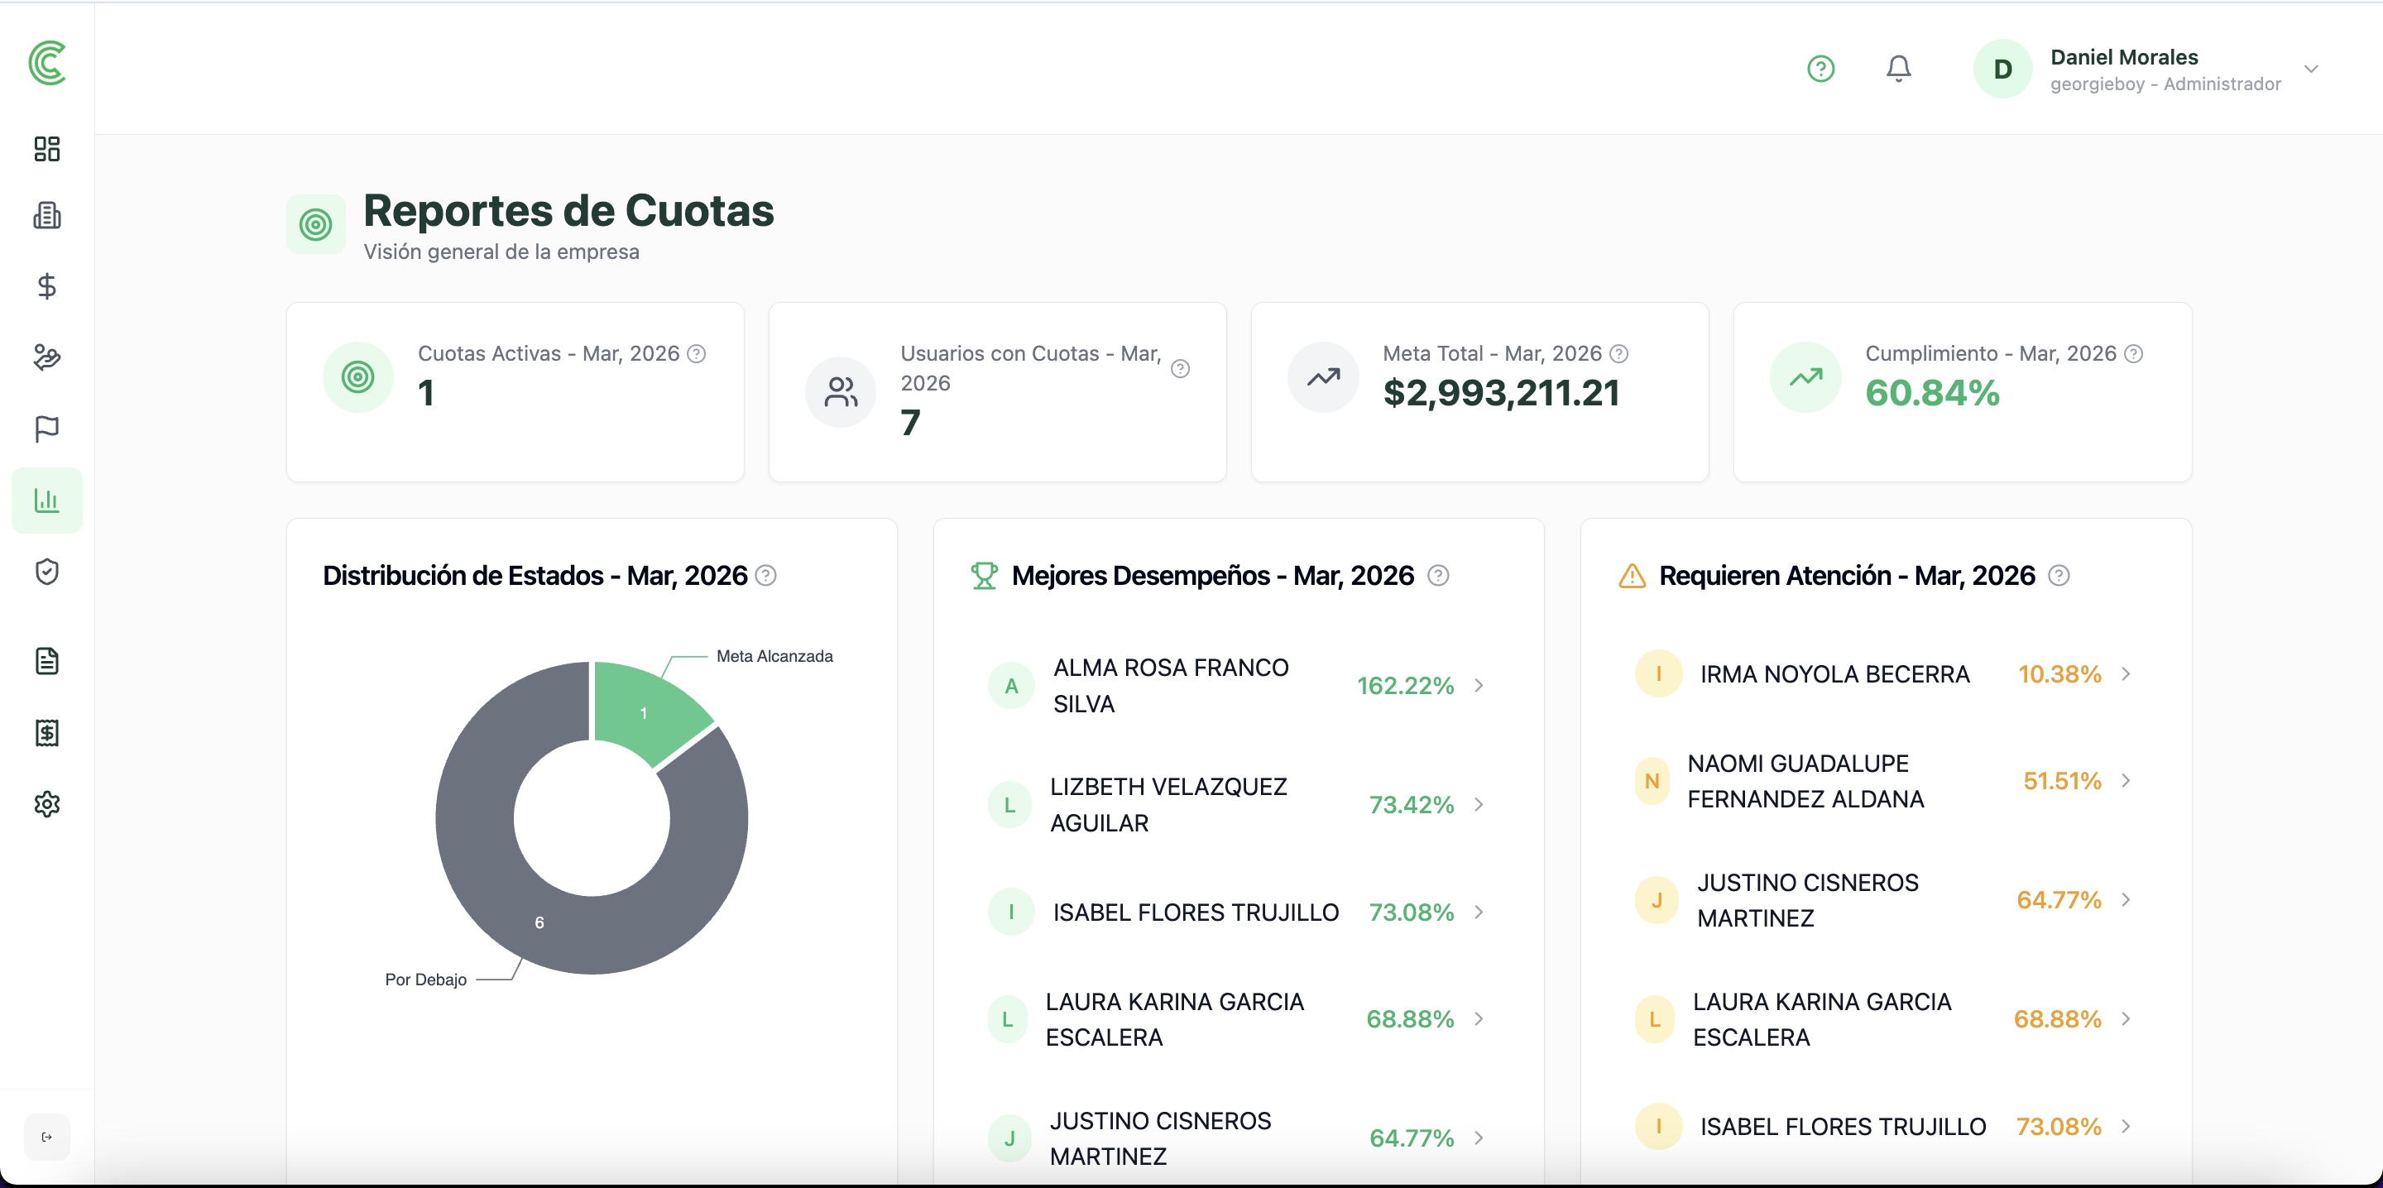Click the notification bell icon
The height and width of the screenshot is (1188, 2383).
[1898, 69]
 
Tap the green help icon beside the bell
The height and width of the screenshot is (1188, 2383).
[1820, 69]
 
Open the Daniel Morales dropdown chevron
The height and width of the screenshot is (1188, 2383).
[2311, 69]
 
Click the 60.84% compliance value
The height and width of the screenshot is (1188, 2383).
[1931, 393]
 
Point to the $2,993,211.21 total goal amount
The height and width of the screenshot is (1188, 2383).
[1500, 393]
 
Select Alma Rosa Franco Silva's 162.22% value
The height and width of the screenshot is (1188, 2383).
[1404, 686]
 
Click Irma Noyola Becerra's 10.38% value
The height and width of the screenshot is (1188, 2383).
[2059, 673]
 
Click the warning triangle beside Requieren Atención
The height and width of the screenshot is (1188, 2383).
[1632, 576]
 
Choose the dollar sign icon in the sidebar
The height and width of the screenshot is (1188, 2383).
[47, 286]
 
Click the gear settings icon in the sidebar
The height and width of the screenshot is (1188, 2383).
[47, 804]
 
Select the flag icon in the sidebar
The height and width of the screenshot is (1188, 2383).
[47, 429]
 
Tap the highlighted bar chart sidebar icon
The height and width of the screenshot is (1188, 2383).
[47, 501]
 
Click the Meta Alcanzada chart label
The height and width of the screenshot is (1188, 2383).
[774, 656]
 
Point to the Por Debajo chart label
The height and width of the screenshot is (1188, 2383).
[425, 979]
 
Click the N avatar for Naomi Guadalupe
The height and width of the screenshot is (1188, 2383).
[1652, 781]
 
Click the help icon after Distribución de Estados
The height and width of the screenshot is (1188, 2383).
[766, 576]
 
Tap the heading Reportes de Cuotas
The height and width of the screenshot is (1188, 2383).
[568, 211]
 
